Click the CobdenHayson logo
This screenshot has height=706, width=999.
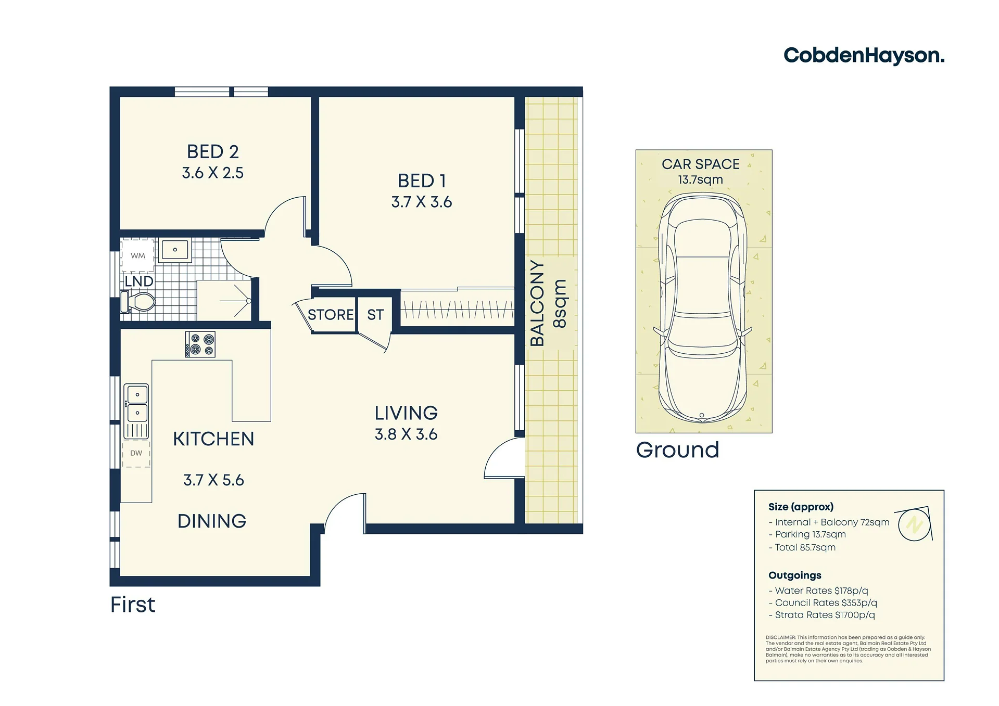tap(864, 56)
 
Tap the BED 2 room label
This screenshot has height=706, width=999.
tap(213, 152)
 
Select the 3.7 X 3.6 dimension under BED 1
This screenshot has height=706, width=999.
tap(422, 202)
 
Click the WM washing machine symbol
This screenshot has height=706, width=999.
tap(138, 255)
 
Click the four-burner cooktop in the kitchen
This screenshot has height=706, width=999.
tap(200, 344)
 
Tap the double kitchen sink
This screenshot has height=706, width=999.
tap(136, 411)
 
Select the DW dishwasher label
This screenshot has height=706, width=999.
tap(136, 453)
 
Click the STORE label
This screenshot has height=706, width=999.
tap(331, 315)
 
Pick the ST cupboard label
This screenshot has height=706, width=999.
tap(375, 315)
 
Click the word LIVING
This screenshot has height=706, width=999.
tap(406, 413)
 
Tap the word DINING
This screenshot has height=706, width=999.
tap(212, 521)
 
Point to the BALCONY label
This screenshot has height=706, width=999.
tap(537, 303)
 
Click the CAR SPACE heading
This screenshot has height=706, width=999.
tap(701, 164)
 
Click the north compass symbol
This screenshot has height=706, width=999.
tap(914, 524)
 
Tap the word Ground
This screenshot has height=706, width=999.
tap(677, 450)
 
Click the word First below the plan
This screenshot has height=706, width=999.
tap(133, 605)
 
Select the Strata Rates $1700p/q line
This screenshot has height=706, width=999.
tap(822, 615)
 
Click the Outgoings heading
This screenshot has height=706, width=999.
tap(795, 575)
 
